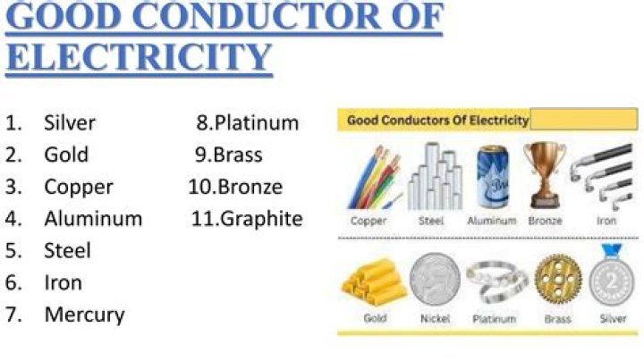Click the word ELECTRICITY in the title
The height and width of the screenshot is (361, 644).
click(x=139, y=55)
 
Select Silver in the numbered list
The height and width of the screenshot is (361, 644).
click(x=69, y=122)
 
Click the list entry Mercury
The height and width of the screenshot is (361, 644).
click(x=84, y=315)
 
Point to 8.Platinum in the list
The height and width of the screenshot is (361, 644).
click(x=248, y=122)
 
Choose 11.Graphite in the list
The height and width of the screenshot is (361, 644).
click(x=247, y=218)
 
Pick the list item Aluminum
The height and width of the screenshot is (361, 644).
click(x=93, y=218)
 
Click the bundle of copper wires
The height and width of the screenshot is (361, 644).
click(x=374, y=176)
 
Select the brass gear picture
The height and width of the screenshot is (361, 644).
click(x=556, y=280)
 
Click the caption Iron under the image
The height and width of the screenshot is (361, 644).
click(x=606, y=220)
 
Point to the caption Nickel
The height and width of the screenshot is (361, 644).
click(x=436, y=319)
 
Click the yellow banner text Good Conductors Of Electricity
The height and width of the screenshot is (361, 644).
click(x=437, y=119)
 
